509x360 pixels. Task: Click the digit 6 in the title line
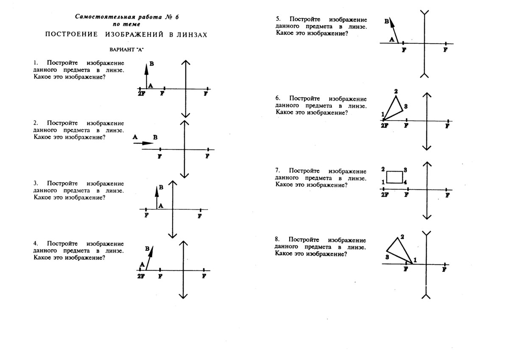point(177,17)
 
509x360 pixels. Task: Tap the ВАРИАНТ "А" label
point(126,50)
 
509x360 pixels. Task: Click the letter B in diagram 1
point(152,64)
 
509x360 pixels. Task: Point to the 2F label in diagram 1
point(141,93)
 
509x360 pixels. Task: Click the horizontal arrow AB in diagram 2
point(143,143)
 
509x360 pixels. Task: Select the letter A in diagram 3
point(161,206)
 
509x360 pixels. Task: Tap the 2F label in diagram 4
point(141,276)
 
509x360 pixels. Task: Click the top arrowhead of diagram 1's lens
point(186,62)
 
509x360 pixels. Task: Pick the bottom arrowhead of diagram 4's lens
point(183,296)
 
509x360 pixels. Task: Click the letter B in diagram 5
point(387,21)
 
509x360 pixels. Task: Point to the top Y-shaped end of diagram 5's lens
point(425,12)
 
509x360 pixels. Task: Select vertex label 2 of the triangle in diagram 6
point(396,91)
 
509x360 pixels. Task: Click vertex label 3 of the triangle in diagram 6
point(406,106)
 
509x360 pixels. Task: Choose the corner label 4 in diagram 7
point(405,182)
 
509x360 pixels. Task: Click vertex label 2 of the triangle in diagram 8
point(402,237)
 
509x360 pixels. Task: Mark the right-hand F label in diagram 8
point(444,270)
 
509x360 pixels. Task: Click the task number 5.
point(278,19)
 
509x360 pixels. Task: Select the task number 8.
point(277,239)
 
